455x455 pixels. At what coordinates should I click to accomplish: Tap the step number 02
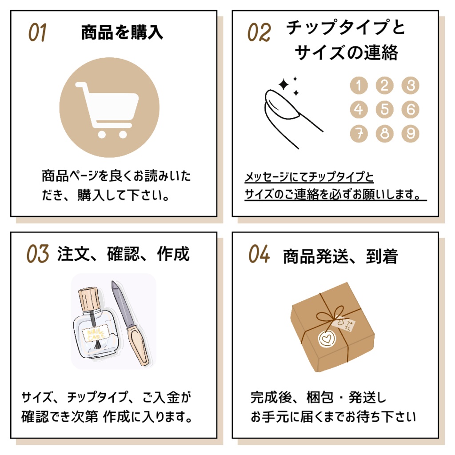[259, 33]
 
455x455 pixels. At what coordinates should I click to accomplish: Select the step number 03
[37, 254]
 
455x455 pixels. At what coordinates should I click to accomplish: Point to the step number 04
[259, 254]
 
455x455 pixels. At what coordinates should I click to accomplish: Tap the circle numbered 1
[359, 85]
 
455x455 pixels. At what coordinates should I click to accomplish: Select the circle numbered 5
[384, 109]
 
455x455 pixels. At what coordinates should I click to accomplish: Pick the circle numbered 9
[410, 133]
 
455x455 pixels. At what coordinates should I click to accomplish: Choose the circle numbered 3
[410, 85]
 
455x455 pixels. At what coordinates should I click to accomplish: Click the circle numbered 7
[359, 133]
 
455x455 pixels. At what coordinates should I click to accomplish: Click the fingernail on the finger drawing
[282, 104]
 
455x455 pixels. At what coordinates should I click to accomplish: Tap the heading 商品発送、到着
[340, 256]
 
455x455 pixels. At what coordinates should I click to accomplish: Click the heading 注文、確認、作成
[123, 254]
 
